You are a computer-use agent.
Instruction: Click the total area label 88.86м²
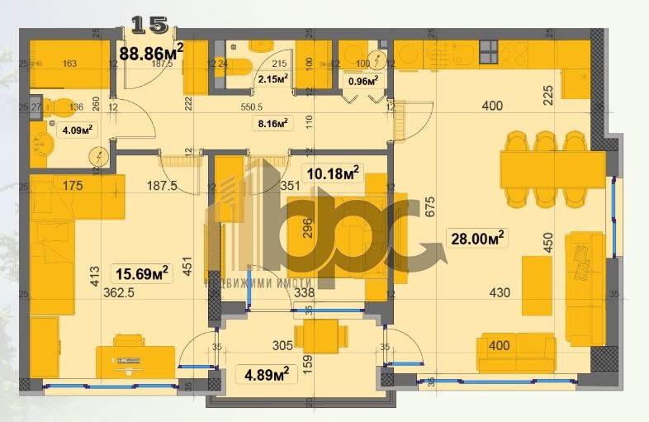click(151, 54)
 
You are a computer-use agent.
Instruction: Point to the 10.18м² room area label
click(332, 173)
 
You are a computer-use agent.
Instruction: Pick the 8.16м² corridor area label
click(272, 124)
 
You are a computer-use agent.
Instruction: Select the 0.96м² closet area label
click(363, 81)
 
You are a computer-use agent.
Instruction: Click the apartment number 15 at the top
click(149, 24)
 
